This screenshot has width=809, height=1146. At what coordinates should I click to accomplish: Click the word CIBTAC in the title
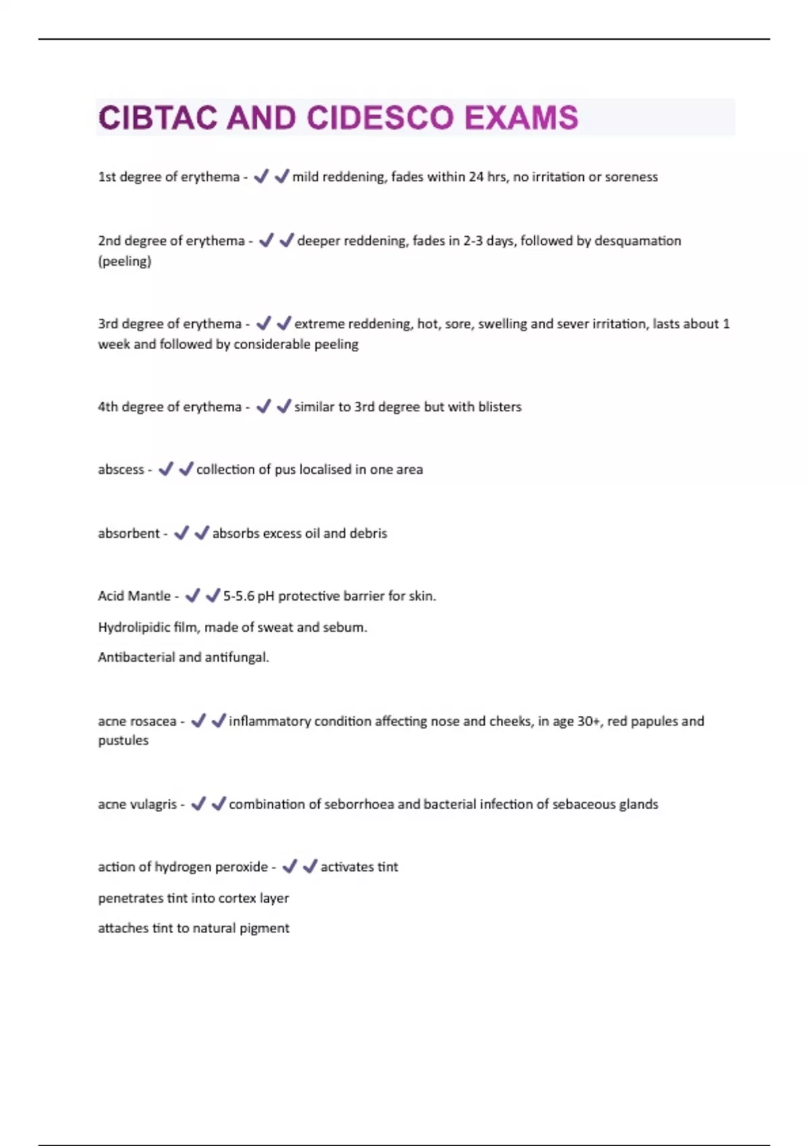(158, 118)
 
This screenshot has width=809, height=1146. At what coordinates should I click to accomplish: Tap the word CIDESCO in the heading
(380, 118)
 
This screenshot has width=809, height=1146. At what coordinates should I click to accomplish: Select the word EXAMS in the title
(521, 118)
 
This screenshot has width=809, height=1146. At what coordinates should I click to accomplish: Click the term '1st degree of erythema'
(169, 177)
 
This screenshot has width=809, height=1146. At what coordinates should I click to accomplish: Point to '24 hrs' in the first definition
(487, 177)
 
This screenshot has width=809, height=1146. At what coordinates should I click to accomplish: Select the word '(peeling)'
(125, 262)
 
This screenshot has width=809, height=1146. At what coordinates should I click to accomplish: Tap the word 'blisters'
(500, 406)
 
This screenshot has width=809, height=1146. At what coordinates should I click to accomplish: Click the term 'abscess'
(121, 469)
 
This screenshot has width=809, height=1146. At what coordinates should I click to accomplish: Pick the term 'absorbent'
(129, 533)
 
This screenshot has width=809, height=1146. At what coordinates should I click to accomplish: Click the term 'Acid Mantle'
(134, 596)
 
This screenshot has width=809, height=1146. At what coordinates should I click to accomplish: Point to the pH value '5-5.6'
(239, 596)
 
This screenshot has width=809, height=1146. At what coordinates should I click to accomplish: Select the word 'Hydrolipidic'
(134, 628)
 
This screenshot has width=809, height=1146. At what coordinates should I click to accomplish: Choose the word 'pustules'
(123, 740)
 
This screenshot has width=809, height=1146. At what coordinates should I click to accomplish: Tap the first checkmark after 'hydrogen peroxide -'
(289, 867)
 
